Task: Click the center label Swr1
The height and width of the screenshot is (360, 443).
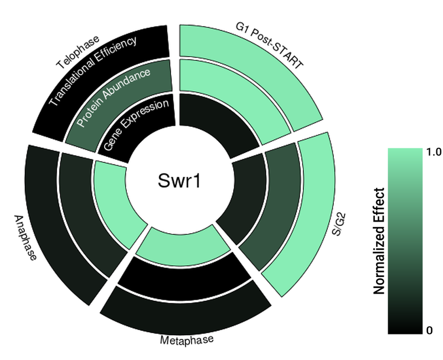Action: point(176,181)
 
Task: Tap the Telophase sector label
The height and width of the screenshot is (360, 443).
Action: point(78,53)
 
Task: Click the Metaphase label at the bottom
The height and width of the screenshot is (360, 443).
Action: point(186,340)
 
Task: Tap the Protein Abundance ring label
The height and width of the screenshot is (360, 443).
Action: point(114,97)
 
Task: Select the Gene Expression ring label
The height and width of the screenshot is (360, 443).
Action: point(136,124)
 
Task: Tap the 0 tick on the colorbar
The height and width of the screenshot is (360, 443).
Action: point(429,331)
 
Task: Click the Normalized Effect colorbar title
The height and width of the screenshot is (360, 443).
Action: point(379,241)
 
